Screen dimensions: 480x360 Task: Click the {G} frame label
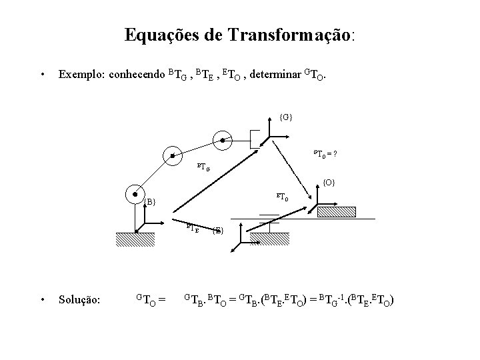pos(286,117)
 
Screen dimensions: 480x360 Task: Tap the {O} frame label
pos(329,181)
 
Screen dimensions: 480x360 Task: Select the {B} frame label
pos(150,201)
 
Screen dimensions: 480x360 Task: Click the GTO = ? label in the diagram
pos(325,155)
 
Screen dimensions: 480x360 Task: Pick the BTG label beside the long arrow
pos(203,166)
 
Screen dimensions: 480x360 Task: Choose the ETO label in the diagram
pos(283,197)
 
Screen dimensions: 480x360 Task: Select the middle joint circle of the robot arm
pos(172,155)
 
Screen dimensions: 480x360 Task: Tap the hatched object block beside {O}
pos(339,213)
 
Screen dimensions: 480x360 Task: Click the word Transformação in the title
pos(293,35)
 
